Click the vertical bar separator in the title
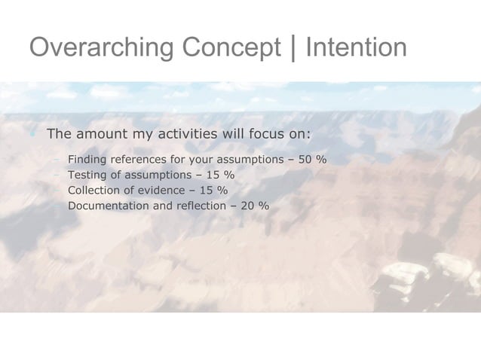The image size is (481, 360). click(293, 47)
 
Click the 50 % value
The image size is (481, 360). click(311, 160)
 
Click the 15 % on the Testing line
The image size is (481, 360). click(219, 175)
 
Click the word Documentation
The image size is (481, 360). click(110, 205)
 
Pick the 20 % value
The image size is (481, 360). click(254, 205)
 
